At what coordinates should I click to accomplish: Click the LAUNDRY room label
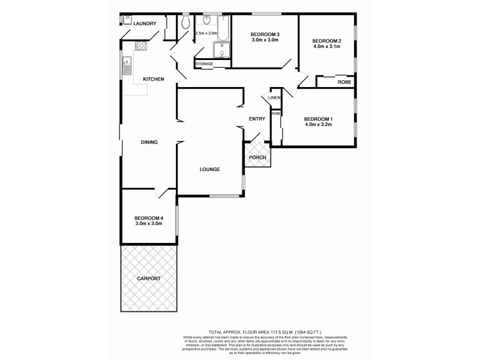pos(145,24)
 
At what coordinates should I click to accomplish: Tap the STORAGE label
pos(204,64)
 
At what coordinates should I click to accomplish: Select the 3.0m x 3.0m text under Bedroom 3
pos(265,41)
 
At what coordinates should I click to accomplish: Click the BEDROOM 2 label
pos(327,40)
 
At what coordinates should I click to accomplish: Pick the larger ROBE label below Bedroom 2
pos(344,82)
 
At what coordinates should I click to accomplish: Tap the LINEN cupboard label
pos(274,97)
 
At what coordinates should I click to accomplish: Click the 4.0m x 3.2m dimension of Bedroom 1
pos(318,125)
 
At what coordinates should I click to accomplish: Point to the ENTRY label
pos(257,119)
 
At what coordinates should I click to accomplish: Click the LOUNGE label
pos(209,169)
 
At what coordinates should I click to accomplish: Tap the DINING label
pos(149,142)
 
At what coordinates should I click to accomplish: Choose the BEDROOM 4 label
pos(149,218)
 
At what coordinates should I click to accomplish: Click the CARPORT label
pos(149,279)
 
